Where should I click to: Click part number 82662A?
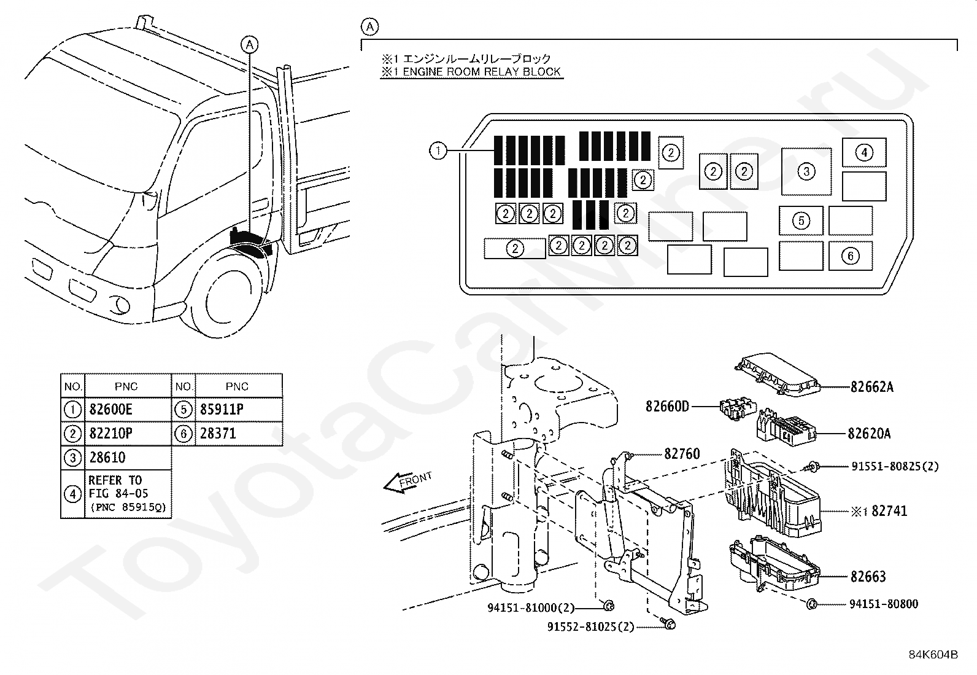coord(871,387)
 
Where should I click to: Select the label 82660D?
coord(667,406)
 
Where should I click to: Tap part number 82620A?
coord(869,434)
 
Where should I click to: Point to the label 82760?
coord(682,454)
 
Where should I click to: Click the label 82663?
coord(868,577)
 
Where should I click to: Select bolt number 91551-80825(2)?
coord(895,466)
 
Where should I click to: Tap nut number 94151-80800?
coord(884,604)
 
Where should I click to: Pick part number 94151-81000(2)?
coord(531,608)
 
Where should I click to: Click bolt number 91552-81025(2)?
coord(591,626)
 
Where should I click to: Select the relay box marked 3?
coord(806,171)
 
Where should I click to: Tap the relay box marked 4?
coord(863,152)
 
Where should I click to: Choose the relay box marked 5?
coord(801,220)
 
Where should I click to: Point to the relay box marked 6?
coord(850,256)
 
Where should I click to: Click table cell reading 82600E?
coord(111,410)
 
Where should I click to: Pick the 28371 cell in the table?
coord(218,434)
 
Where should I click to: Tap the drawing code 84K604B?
coord(933,655)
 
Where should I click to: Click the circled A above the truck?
coord(250,44)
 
